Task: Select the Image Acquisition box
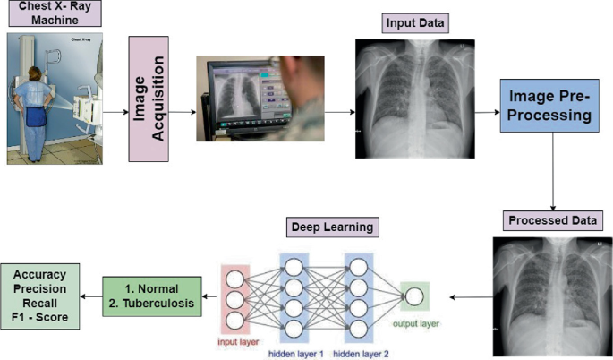[x=149, y=99]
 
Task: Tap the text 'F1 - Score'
[x=46, y=317]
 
